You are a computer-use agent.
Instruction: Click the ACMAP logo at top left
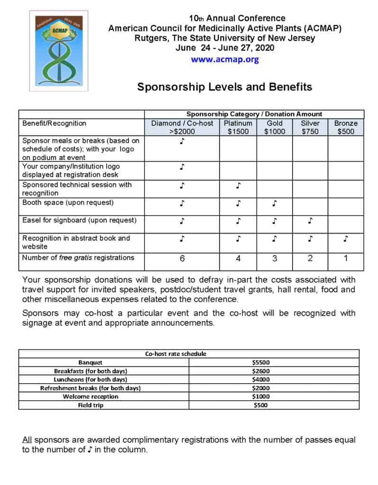[52, 51]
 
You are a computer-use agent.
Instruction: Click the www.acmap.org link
[225, 60]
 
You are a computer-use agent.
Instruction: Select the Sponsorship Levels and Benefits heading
[225, 87]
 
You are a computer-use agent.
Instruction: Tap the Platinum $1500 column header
[238, 127]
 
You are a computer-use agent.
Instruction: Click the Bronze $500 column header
[346, 127]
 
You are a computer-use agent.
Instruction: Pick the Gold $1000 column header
[274, 127]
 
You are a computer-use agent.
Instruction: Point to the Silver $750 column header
[310, 127]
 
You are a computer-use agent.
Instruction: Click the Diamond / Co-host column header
[182, 127]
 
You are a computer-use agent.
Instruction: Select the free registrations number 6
[182, 259]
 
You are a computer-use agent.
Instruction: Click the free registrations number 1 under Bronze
[346, 259]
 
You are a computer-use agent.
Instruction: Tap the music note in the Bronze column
[346, 239]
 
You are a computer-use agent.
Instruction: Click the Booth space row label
[68, 203]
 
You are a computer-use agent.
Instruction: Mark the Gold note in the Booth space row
[274, 204]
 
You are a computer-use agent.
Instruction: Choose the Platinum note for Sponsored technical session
[238, 186]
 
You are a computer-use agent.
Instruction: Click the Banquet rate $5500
[261, 362]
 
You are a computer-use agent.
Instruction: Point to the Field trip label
[90, 405]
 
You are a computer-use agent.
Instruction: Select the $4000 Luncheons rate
[261, 379]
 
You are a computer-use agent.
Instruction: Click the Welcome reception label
[90, 396]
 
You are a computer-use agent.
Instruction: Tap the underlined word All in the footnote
[27, 440]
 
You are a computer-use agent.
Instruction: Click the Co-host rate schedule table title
[175, 353]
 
